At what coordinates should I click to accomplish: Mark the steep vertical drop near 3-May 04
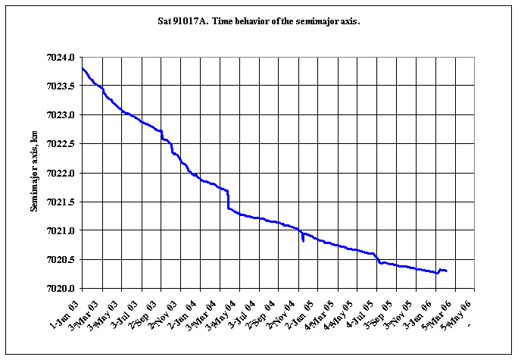[x=228, y=199]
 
